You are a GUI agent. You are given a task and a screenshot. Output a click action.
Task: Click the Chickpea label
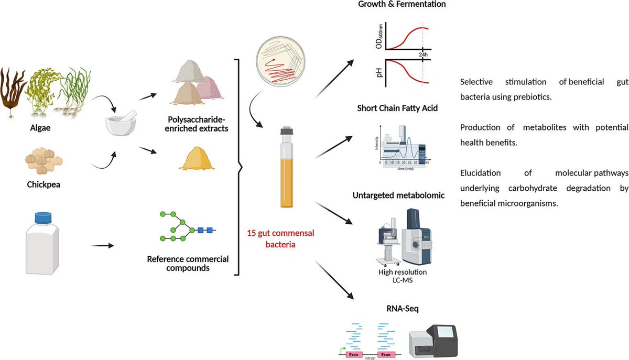(x=44, y=183)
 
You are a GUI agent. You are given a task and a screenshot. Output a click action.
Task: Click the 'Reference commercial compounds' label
(x=188, y=264)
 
